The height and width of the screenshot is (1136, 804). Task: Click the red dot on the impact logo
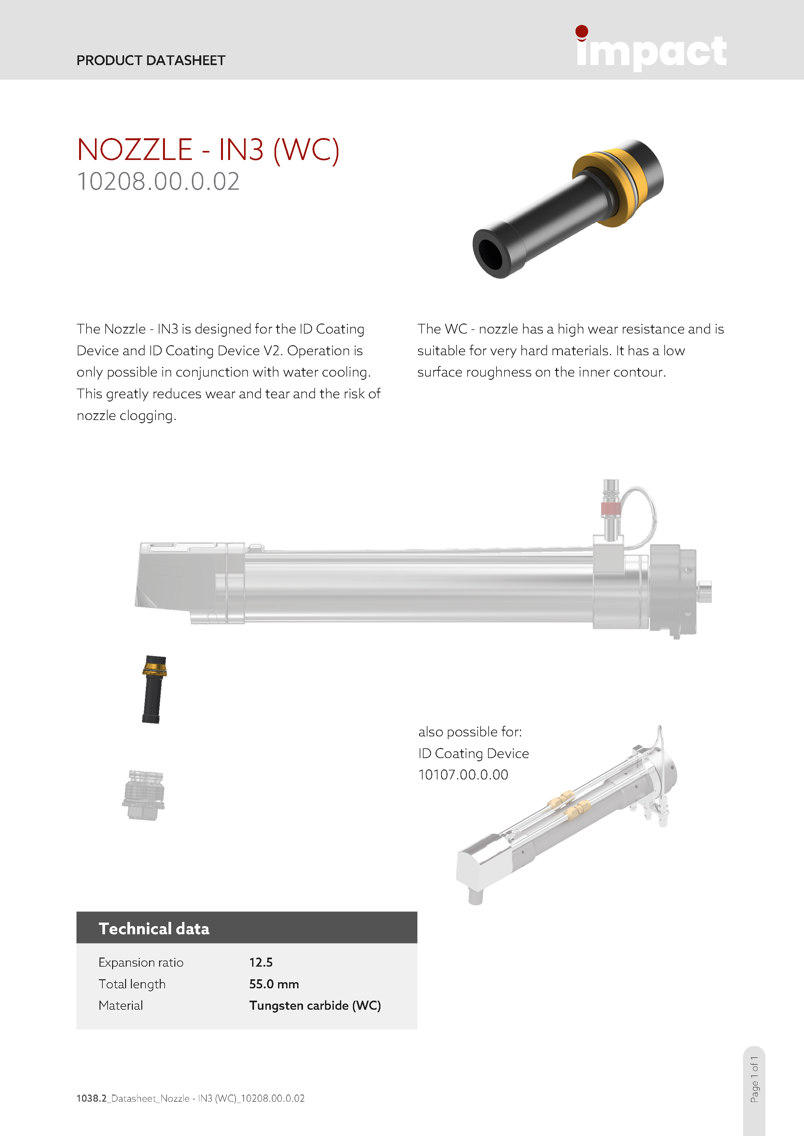(x=582, y=32)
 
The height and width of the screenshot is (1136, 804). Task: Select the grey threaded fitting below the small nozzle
(x=144, y=795)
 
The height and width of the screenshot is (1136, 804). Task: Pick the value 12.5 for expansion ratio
(x=261, y=962)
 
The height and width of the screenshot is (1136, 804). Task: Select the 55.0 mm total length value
(x=274, y=984)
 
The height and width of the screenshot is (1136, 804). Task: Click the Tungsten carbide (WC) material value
(x=315, y=1005)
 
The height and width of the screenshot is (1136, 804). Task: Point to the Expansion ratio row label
(x=141, y=962)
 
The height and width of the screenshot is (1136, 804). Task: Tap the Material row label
(x=121, y=1005)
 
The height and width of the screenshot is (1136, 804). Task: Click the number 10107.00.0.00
(x=463, y=775)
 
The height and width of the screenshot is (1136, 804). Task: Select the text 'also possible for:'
(x=470, y=732)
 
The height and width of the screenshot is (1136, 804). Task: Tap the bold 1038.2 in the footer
(x=92, y=1098)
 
